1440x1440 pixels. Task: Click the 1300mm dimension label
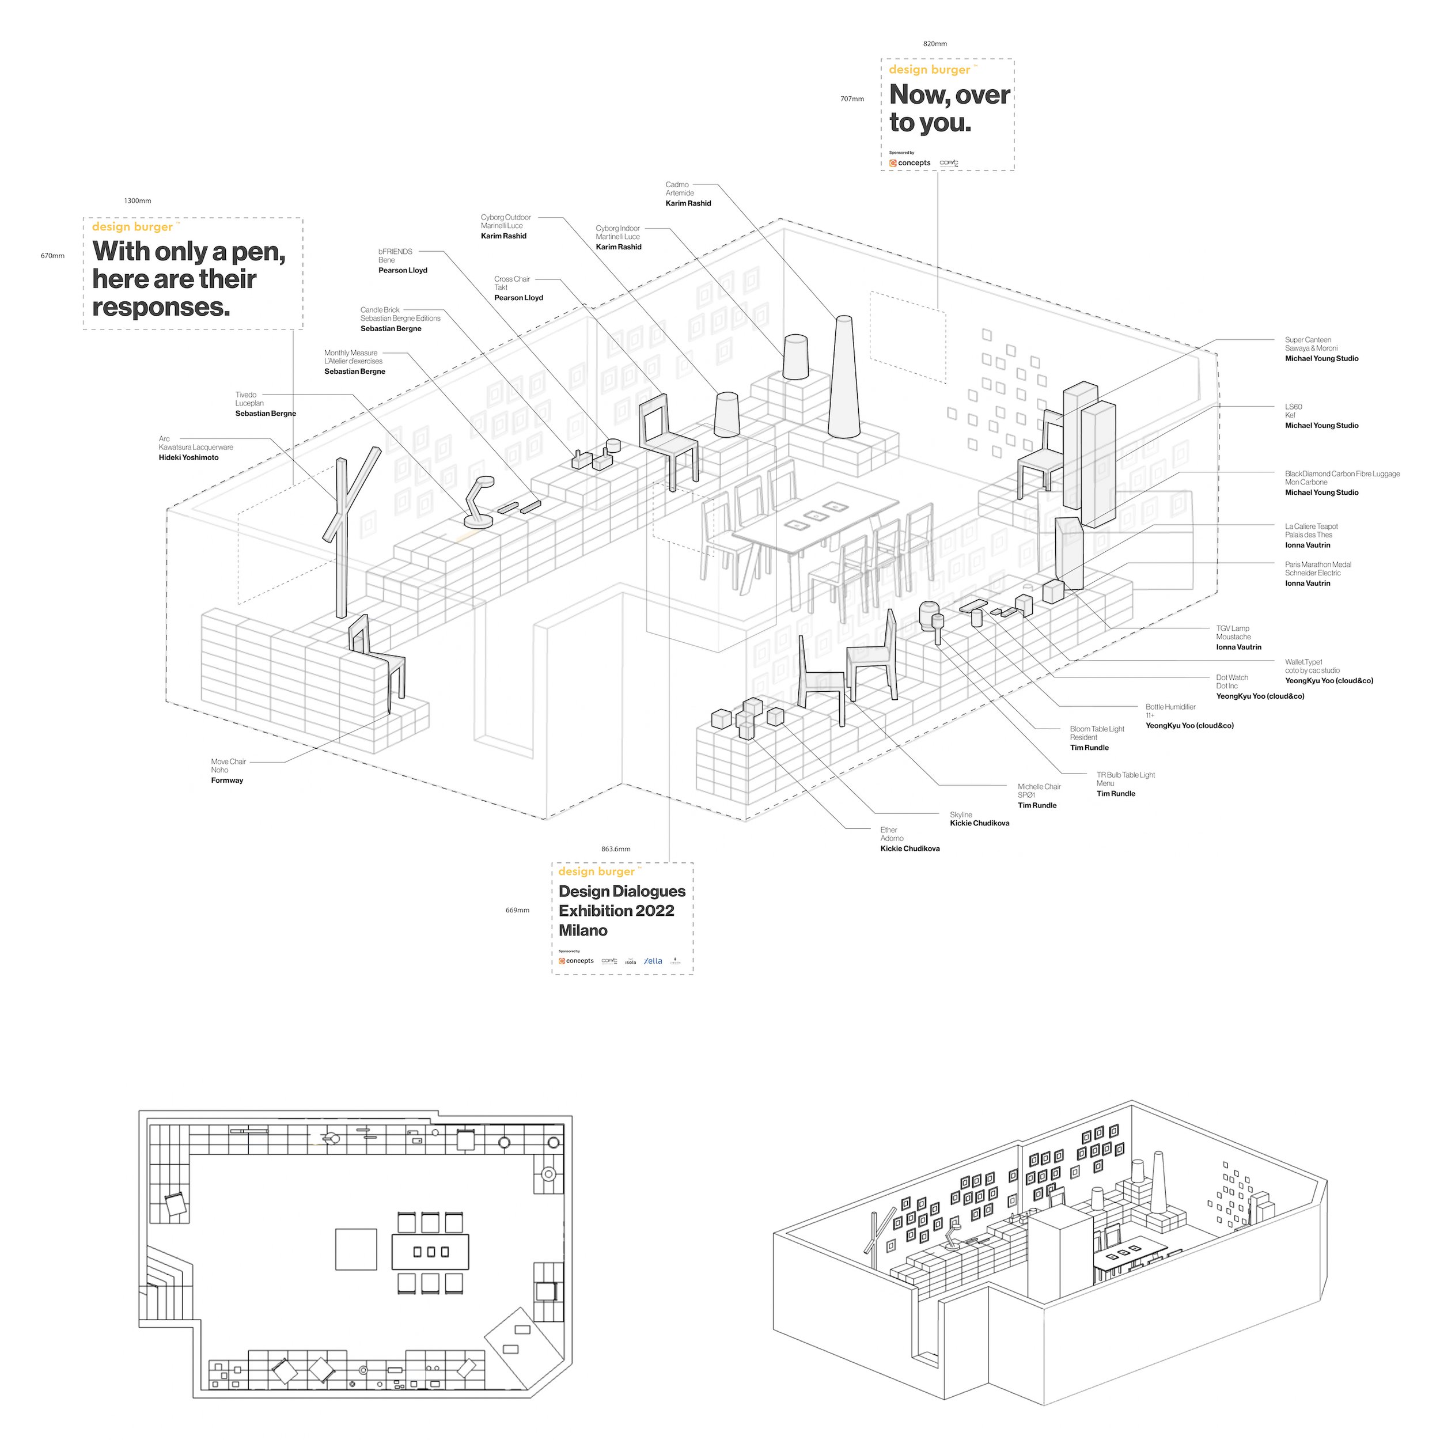coord(137,201)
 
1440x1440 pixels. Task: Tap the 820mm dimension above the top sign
coord(935,44)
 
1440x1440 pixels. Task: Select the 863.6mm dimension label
coord(616,849)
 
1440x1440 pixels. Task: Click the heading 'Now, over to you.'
coord(949,109)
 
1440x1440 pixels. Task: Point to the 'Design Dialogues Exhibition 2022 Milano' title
coord(622,911)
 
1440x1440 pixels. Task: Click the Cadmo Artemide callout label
coord(687,194)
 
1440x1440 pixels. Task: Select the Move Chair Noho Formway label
coord(228,771)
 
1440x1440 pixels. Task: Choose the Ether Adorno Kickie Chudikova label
coord(910,839)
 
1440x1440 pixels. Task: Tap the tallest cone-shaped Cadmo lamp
coord(843,380)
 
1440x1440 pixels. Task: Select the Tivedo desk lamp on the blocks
coord(478,503)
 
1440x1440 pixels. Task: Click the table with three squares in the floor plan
coord(430,1252)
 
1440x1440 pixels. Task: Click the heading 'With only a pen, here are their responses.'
coord(188,279)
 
